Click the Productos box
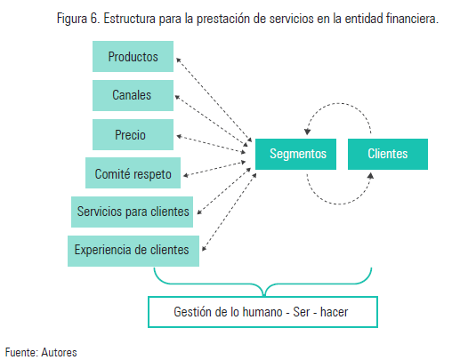pyautogui.click(x=133, y=57)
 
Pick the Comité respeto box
pyautogui.click(x=133, y=173)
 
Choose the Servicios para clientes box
pyautogui.click(x=133, y=212)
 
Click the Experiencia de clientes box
pyautogui.click(x=133, y=251)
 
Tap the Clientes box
pyautogui.click(x=387, y=154)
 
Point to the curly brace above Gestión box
pyautogui.click(x=263, y=284)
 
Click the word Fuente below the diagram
pyautogui.click(x=20, y=352)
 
